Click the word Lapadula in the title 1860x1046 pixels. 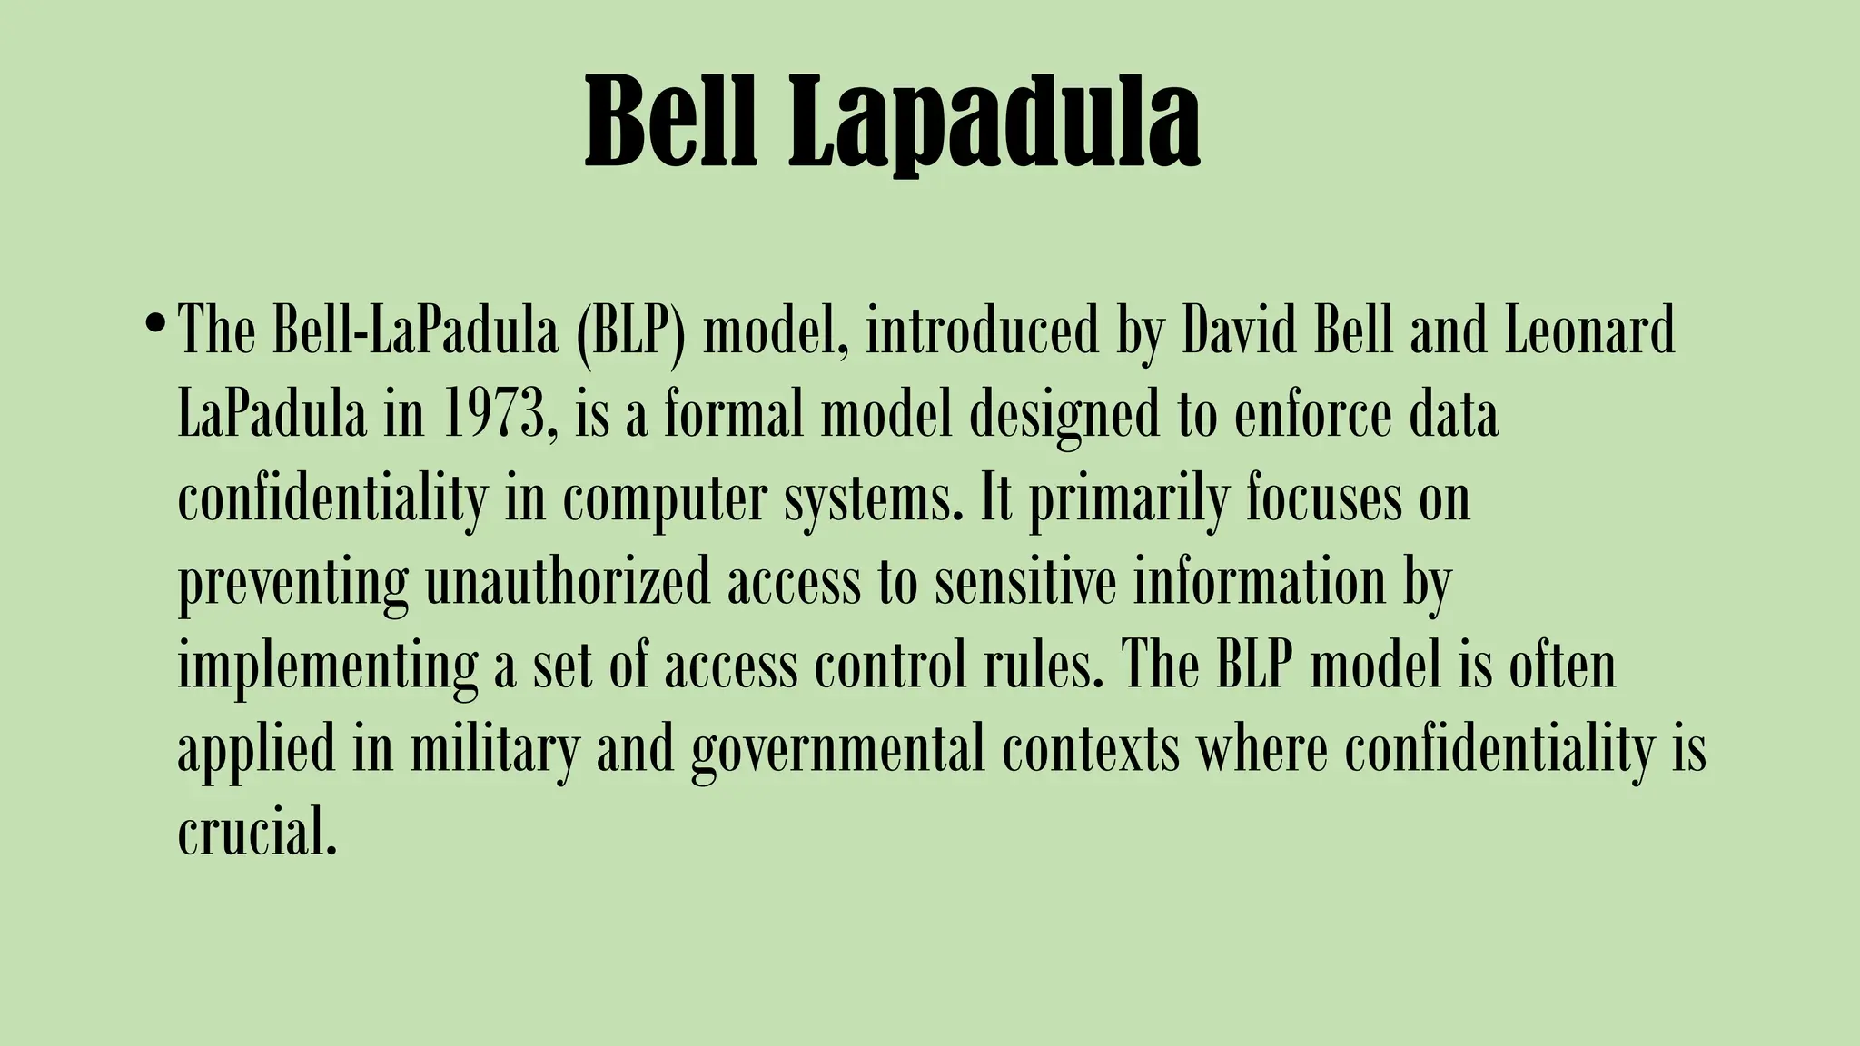point(994,122)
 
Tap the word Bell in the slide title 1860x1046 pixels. point(670,122)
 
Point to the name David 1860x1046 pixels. point(1239,331)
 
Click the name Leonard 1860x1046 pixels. point(1589,331)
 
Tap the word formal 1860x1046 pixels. point(734,414)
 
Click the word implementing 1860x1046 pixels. point(327,668)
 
